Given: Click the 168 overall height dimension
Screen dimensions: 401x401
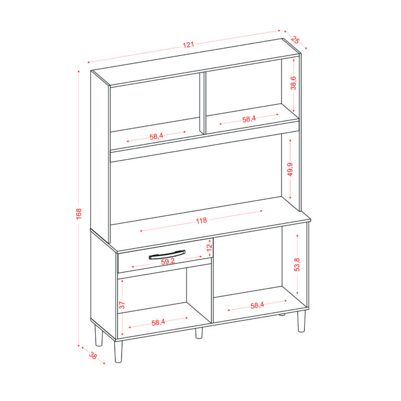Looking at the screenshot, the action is click(79, 214).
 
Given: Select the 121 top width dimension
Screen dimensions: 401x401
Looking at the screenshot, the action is click(188, 45).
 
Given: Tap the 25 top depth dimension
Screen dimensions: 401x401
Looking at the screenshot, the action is click(295, 40).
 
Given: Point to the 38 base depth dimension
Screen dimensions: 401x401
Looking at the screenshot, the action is click(93, 355).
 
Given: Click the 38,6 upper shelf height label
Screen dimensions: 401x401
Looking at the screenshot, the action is click(293, 83).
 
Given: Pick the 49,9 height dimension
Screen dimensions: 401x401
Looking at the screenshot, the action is click(290, 169).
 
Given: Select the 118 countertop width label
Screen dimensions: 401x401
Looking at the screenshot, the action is click(201, 221).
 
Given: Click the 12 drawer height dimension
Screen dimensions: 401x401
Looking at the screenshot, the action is click(209, 247).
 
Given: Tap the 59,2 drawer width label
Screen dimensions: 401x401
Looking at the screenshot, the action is click(168, 261).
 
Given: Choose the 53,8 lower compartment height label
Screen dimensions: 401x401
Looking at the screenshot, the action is click(297, 264).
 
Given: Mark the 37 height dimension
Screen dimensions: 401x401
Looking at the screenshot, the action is click(122, 305).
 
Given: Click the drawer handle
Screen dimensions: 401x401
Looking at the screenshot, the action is click(167, 255).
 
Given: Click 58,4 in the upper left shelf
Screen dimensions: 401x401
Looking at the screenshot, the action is click(156, 137).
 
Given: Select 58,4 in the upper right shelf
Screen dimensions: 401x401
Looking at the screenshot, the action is click(249, 119).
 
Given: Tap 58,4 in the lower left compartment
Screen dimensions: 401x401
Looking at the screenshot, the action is click(158, 322).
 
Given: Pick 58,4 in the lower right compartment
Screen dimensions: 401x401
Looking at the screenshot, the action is click(257, 305).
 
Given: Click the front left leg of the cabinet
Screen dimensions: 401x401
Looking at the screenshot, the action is click(119, 351).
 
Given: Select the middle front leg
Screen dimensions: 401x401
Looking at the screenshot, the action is click(199, 333).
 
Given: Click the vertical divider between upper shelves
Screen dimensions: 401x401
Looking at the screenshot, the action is click(203, 103).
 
